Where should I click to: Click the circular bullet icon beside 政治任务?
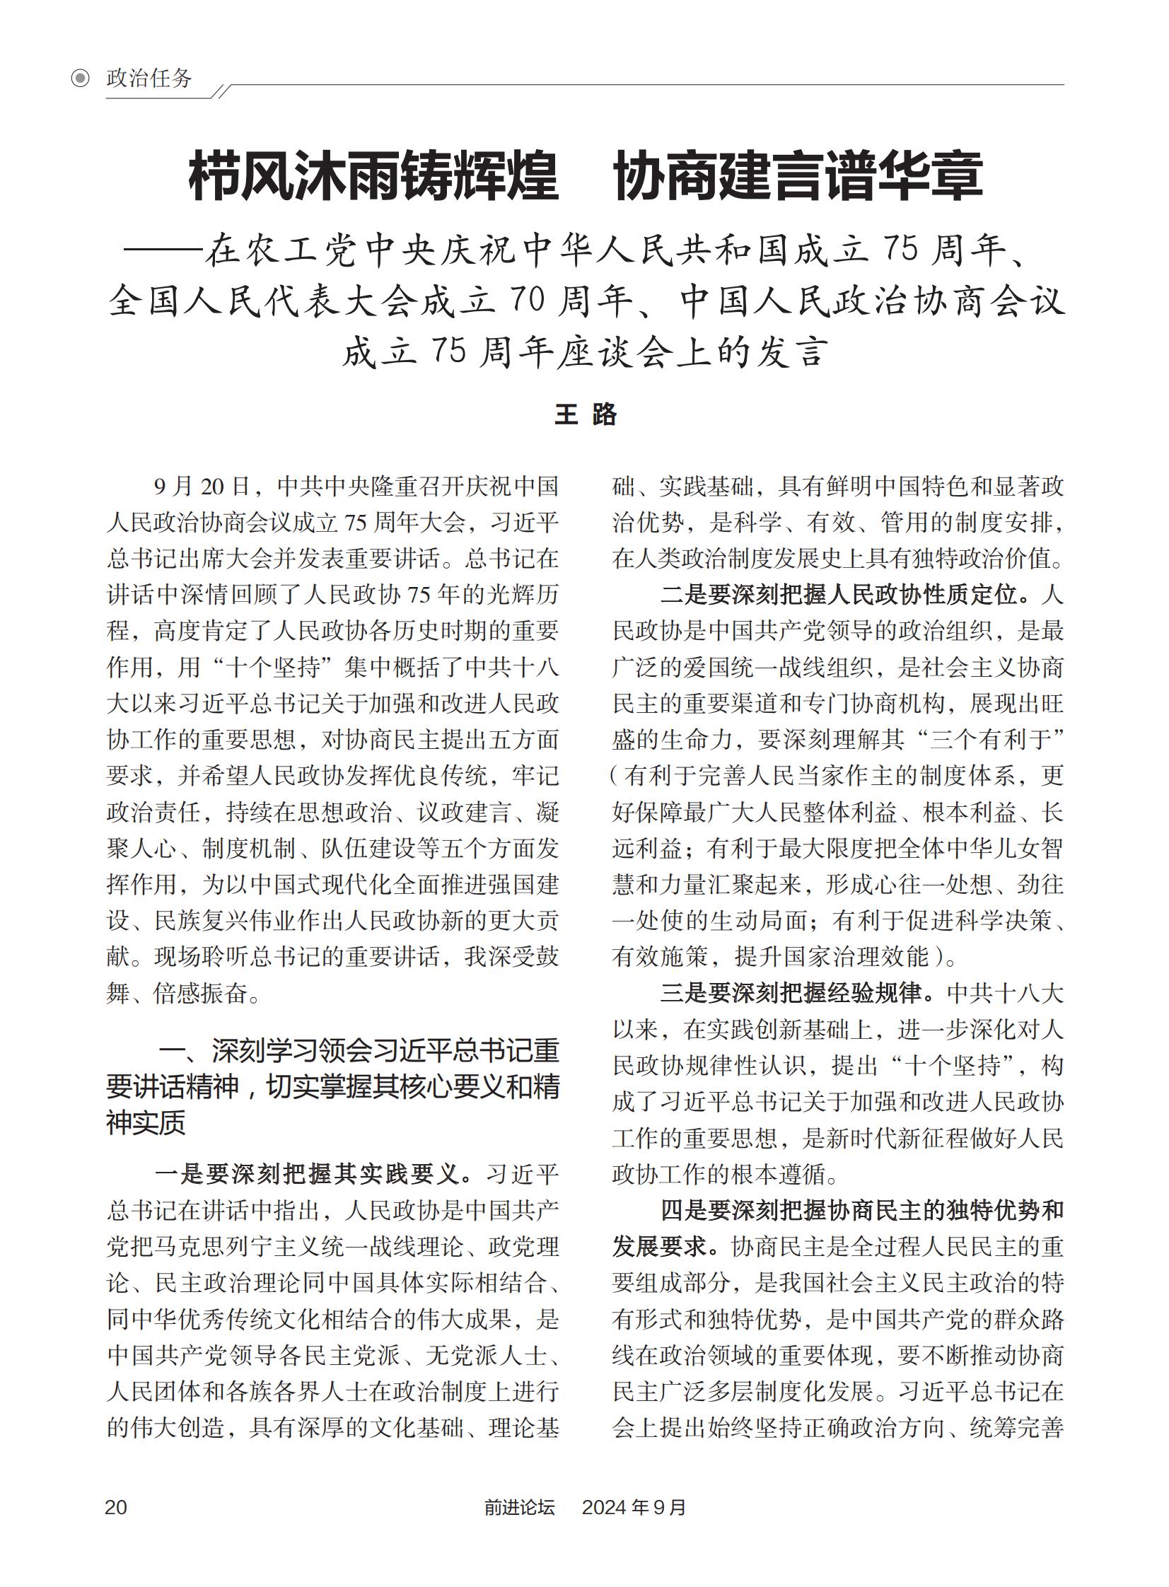pos(81,78)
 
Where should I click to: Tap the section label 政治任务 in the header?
pos(149,78)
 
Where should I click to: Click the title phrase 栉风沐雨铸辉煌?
pos(373,176)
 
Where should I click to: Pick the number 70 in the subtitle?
pos(525,301)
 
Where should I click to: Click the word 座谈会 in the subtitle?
pos(615,351)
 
